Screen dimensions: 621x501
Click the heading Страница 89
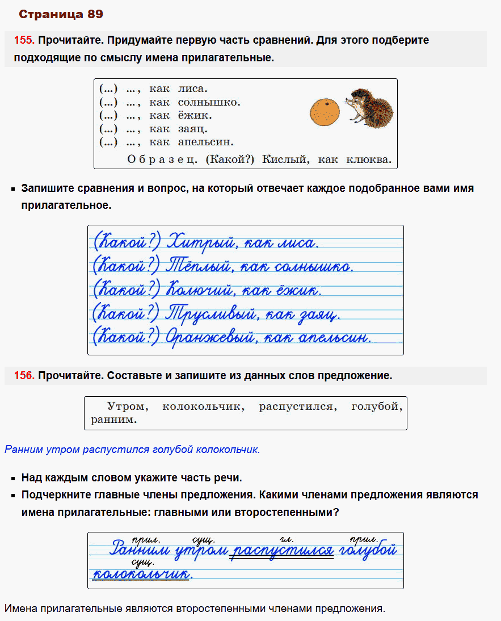[x=61, y=14]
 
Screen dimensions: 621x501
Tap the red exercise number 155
[x=24, y=40]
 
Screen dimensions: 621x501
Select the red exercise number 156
[x=24, y=376]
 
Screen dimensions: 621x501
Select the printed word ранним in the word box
[x=113, y=420]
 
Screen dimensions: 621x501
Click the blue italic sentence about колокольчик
[x=132, y=450]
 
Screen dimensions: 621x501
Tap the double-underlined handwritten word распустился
[x=282, y=551]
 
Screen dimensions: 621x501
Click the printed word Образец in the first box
[x=162, y=160]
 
